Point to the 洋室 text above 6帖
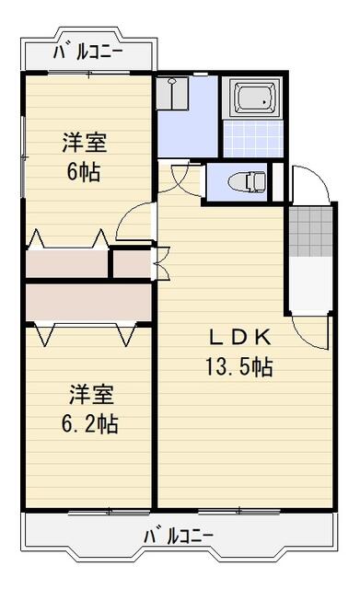pyautogui.click(x=84, y=144)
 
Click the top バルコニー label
pyautogui.click(x=87, y=52)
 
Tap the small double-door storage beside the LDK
pyautogui.click(x=131, y=264)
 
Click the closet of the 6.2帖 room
pyautogui.click(x=87, y=301)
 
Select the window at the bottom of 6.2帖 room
pyautogui.click(x=109, y=509)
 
